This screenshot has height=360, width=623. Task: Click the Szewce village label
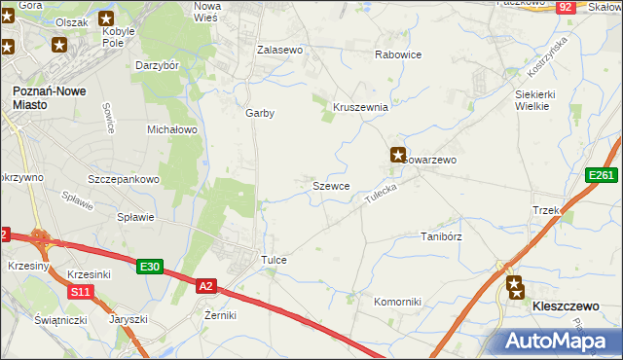(x=331, y=185)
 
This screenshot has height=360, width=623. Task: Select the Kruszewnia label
(x=361, y=107)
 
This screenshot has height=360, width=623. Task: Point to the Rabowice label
(x=398, y=54)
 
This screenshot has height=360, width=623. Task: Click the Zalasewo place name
(x=280, y=49)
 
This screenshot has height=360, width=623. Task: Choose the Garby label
(x=260, y=113)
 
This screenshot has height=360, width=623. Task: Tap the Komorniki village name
(x=397, y=302)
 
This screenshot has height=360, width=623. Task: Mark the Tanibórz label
(x=440, y=236)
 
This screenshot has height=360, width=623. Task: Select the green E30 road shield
(x=149, y=267)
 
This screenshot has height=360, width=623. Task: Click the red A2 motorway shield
(x=205, y=286)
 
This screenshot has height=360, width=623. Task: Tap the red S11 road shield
(x=80, y=292)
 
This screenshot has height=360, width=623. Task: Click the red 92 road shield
(x=566, y=7)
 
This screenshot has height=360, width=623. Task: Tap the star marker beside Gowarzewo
(x=398, y=154)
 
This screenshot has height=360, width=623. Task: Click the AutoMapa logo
(x=560, y=342)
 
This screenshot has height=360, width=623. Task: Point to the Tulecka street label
(x=383, y=191)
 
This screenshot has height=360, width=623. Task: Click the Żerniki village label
(x=215, y=315)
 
